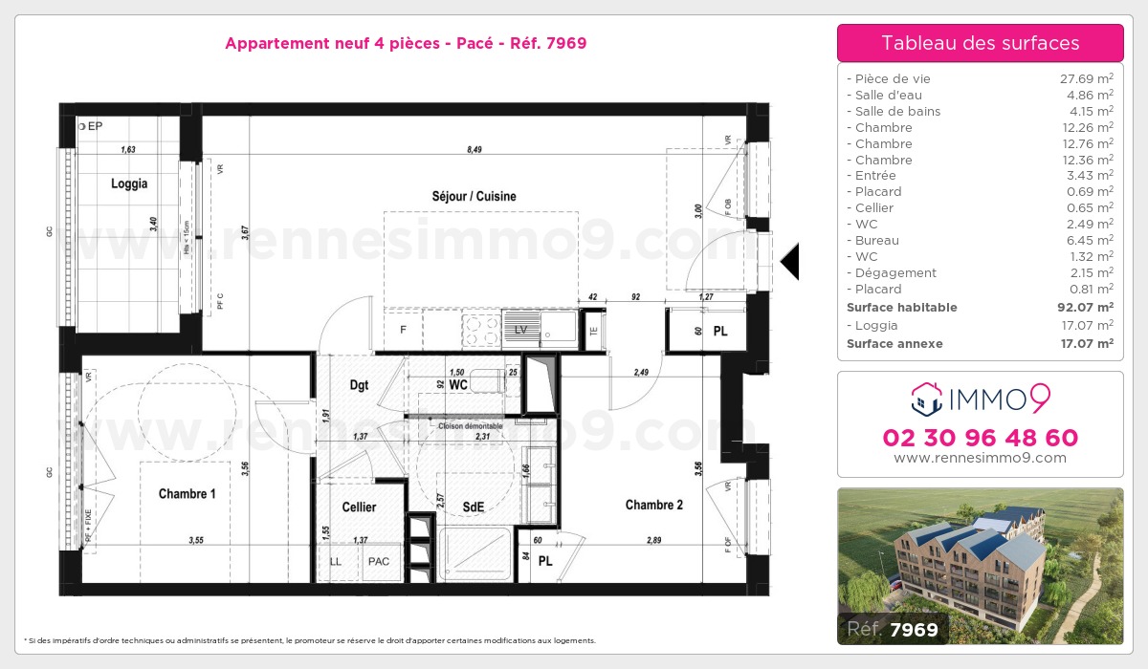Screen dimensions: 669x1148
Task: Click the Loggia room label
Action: point(129,183)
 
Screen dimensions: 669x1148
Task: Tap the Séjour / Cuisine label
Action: point(474,196)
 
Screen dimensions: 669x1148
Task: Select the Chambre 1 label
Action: point(187,494)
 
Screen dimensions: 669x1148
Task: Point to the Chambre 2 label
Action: point(654,505)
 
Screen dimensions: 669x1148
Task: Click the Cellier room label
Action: point(359,507)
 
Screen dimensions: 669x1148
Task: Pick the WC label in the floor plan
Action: point(457,385)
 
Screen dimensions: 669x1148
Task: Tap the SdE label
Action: point(472,507)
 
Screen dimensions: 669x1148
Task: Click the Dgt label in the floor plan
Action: point(359,385)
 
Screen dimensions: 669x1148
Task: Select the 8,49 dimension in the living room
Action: point(474,148)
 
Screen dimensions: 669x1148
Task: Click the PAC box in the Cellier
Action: point(379,561)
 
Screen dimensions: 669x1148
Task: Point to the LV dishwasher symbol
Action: point(520,330)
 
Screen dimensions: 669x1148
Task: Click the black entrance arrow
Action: point(789,261)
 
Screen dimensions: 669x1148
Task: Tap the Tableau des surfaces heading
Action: point(980,43)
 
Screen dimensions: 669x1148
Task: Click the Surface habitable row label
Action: point(901,308)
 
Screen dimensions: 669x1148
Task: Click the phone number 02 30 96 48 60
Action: point(980,438)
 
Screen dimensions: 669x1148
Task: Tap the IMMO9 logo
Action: point(980,397)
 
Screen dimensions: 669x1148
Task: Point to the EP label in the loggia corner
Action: point(94,125)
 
